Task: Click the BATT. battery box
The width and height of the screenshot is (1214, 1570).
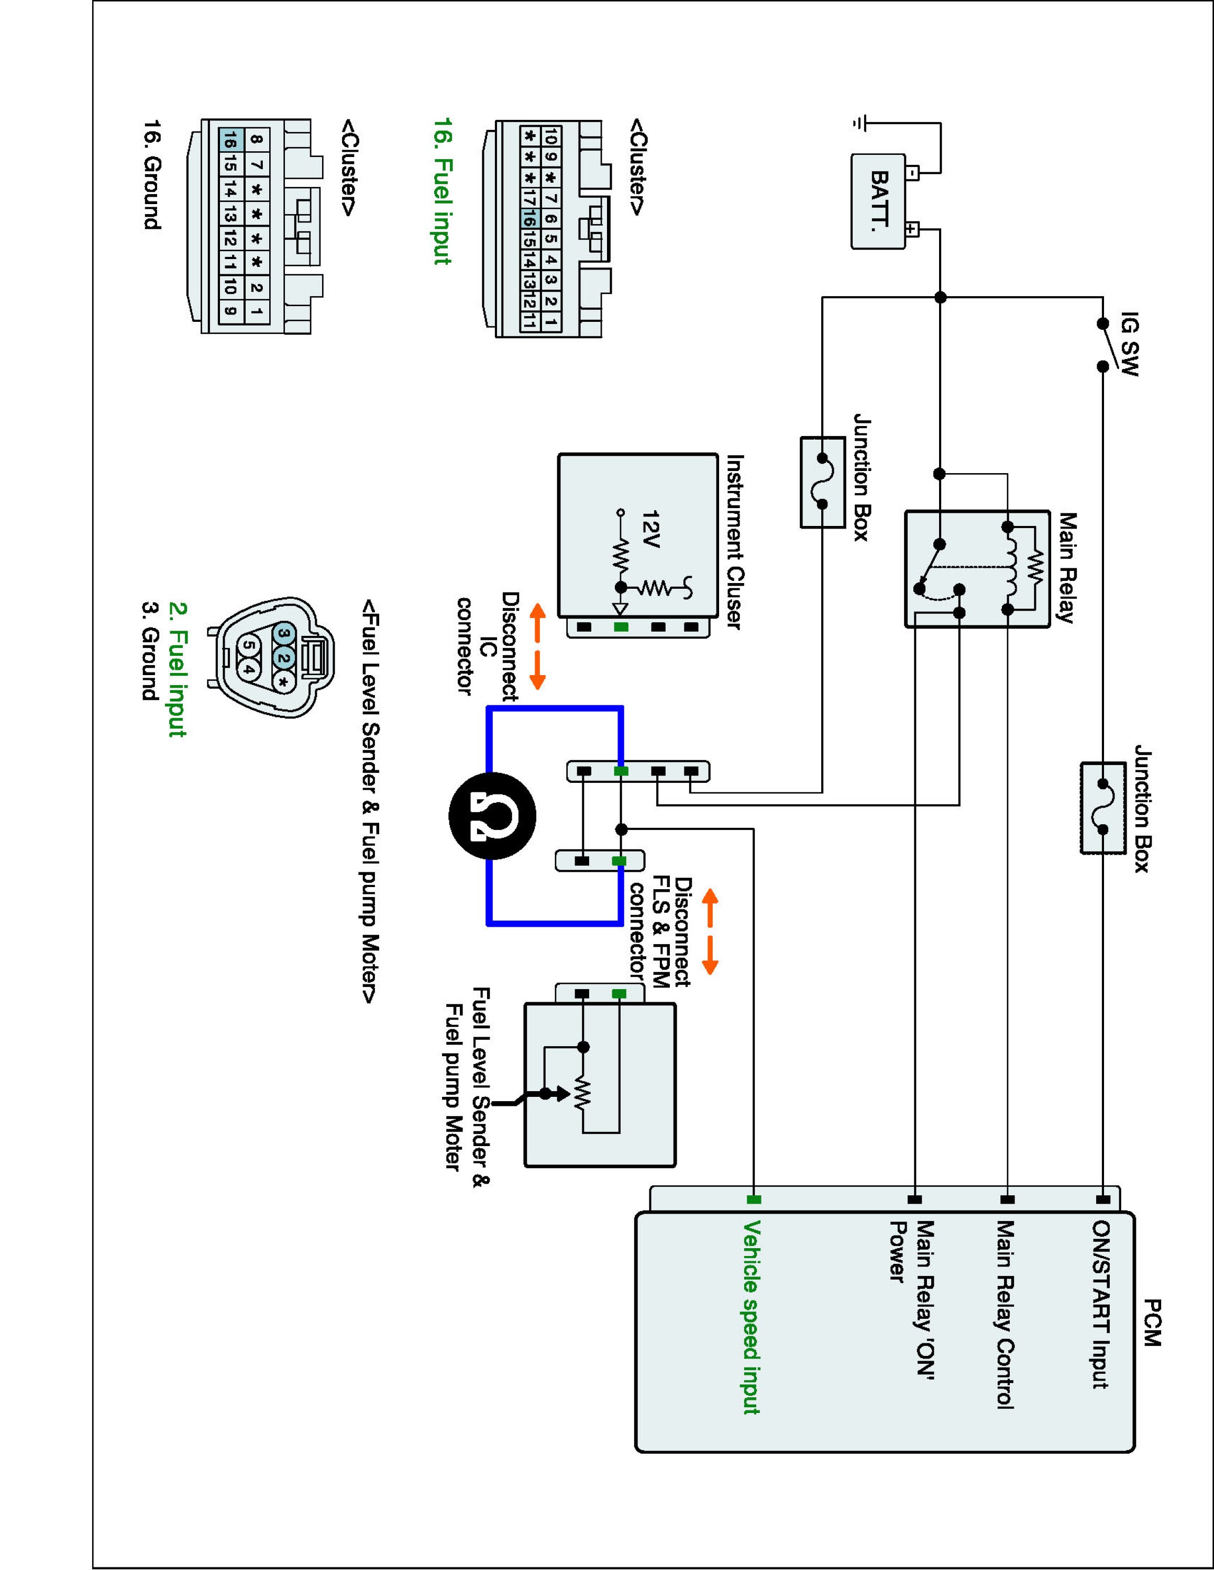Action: click(x=878, y=201)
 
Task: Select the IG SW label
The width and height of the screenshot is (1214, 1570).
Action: click(x=1131, y=344)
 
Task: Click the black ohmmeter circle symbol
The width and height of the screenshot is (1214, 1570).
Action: click(x=492, y=816)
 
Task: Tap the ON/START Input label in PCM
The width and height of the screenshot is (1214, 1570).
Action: click(x=1100, y=1304)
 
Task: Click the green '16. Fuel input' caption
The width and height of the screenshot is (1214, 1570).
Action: click(x=443, y=190)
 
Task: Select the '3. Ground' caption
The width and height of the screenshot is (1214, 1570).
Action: click(x=150, y=651)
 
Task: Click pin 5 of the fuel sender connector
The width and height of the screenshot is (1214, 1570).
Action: click(x=247, y=645)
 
